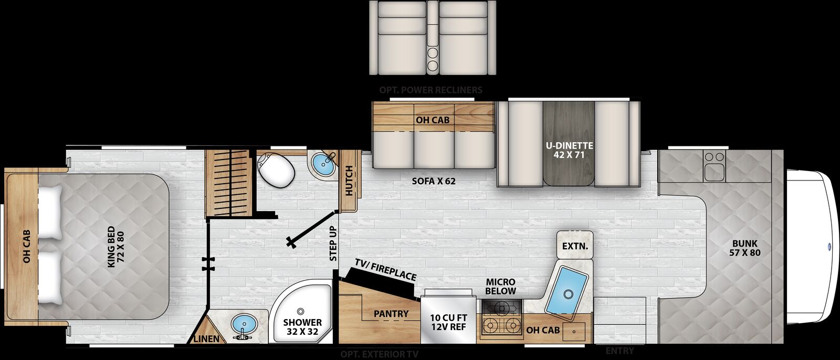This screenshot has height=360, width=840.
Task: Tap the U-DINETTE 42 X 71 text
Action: pos(569,150)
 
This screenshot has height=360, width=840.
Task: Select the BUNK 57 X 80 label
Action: pos(745,248)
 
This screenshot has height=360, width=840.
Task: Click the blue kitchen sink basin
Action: pos(566,289)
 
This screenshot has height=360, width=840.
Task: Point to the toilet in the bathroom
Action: pos(276,168)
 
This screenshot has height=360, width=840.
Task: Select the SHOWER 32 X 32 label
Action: pos(302,327)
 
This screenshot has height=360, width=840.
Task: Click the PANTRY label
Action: pos(391,314)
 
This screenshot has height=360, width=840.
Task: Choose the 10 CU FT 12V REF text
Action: pos(448,322)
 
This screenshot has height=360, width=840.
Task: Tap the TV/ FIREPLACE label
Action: pos(385,269)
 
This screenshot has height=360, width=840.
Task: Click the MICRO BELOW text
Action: pos(500,287)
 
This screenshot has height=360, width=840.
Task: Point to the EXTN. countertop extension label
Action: pos(575,246)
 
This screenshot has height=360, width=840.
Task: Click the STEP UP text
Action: pos(333,243)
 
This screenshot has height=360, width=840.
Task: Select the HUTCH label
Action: pos(349,181)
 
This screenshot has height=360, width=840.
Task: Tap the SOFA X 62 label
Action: pos(434,182)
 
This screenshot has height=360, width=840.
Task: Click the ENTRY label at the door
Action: pos(619,351)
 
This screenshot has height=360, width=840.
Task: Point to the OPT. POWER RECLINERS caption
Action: pos(430,90)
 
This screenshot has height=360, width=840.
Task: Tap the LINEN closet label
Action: pos(206,339)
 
